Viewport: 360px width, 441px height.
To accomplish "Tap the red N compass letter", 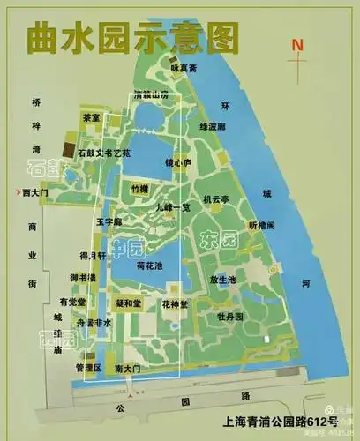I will (x=298, y=44).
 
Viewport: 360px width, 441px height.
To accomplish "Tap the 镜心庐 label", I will (x=202, y=162).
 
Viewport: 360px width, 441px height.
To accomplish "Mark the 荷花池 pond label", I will (x=150, y=265).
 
